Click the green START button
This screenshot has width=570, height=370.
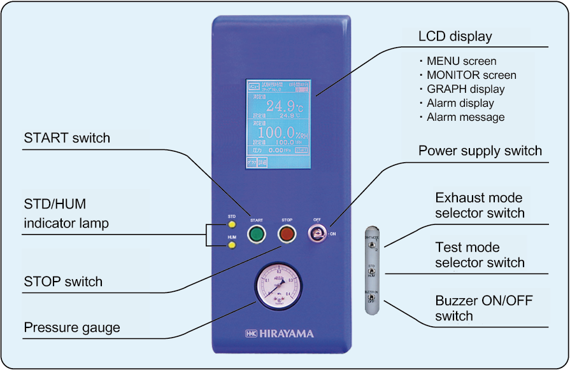[x=257, y=234]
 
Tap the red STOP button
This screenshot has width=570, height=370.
[x=287, y=234]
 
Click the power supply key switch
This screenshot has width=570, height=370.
[x=317, y=235]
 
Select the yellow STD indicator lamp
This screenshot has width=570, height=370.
[x=232, y=224]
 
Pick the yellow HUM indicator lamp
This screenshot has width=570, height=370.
[x=232, y=245]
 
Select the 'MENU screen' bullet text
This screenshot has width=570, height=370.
[x=461, y=62]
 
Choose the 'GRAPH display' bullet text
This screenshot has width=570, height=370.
[x=465, y=90]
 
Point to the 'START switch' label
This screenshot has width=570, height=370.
[x=67, y=139]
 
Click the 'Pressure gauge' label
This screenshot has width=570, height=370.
[x=72, y=328]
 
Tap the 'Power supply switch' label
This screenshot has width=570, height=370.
[x=480, y=151]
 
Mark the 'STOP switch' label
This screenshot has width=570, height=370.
[x=63, y=282]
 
